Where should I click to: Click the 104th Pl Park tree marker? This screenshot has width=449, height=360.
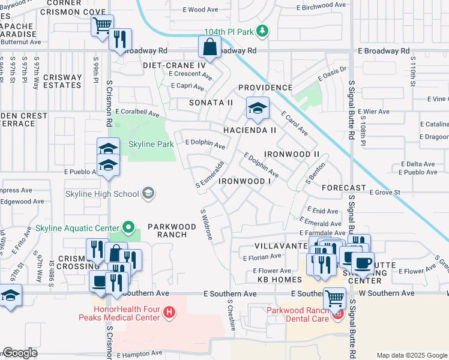click(262, 31)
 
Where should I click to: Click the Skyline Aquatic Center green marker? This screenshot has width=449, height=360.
click(127, 227)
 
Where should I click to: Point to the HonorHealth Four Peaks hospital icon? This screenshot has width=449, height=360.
click(170, 312)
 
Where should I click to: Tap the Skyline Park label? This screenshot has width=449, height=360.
click(151, 145)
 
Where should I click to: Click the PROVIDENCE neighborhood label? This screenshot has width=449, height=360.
click(265, 88)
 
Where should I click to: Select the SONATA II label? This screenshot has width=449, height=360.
click(211, 103)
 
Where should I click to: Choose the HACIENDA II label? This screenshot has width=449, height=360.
click(250, 130)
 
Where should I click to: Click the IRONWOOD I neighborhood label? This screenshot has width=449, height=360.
click(246, 181)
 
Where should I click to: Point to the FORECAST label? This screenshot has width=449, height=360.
click(343, 187)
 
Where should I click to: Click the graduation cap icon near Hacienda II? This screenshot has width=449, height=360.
click(258, 109)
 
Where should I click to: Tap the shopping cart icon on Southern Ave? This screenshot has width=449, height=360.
click(334, 297)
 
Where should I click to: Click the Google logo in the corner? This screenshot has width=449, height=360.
click(20, 352)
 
